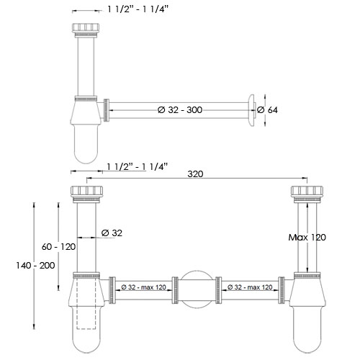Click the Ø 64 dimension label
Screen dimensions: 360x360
268,110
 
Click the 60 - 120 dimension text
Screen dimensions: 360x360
58,247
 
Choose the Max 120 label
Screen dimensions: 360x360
308,237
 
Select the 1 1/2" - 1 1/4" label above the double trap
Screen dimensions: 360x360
137,166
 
